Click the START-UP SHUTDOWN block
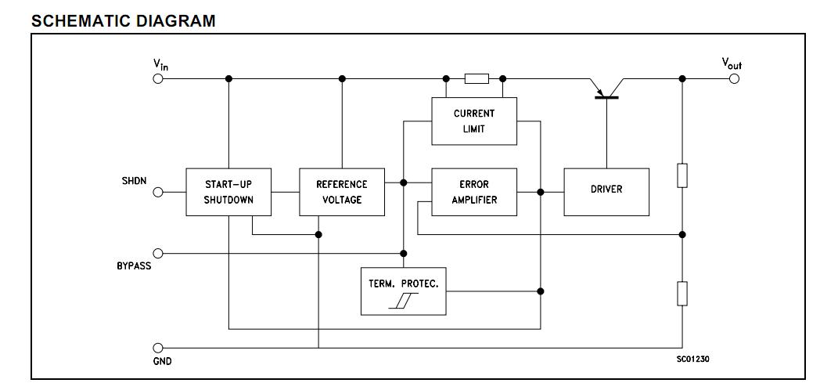coord(228,192)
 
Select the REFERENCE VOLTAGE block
coord(342,192)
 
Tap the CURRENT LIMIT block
coord(474,121)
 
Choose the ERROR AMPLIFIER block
coord(474,192)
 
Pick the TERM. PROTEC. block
coord(403,291)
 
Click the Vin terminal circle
coord(158,78)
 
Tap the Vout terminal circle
coord(734,78)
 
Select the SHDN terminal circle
coord(158,192)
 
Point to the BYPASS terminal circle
coord(158,253)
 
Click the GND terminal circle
coord(158,348)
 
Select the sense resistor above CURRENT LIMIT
coord(476,78)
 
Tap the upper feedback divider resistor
coord(682,175)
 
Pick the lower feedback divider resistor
coord(682,294)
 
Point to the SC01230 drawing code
coord(692,359)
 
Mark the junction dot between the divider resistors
coord(682,234)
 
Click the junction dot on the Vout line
coord(682,78)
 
